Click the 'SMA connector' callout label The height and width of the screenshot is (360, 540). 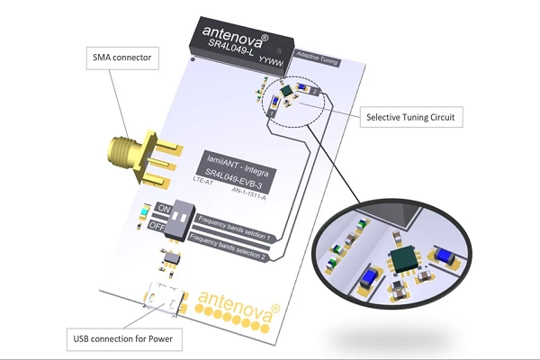(126, 59)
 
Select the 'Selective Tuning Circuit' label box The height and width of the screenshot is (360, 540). (409, 115)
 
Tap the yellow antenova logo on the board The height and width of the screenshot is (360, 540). (236, 298)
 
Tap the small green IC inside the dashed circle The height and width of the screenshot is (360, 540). (287, 92)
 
